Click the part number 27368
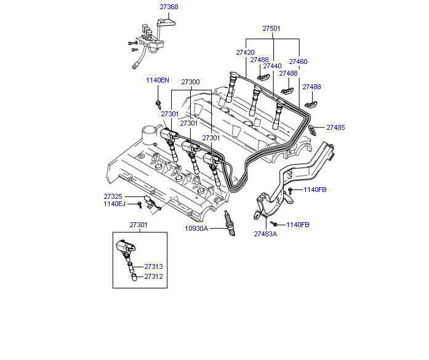pos(169,7)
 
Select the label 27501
pos(271,28)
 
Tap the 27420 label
pos(245,53)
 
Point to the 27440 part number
pos(272,66)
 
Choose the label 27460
pos(298,62)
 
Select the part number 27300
pos(190,82)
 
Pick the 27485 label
pos(335,127)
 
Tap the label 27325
pos(113,197)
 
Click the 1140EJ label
pos(114,204)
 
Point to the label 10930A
pos(197,229)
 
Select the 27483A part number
pos(265,234)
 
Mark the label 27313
pos(153,267)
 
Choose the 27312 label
pos(153,277)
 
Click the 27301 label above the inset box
pos(138,225)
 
